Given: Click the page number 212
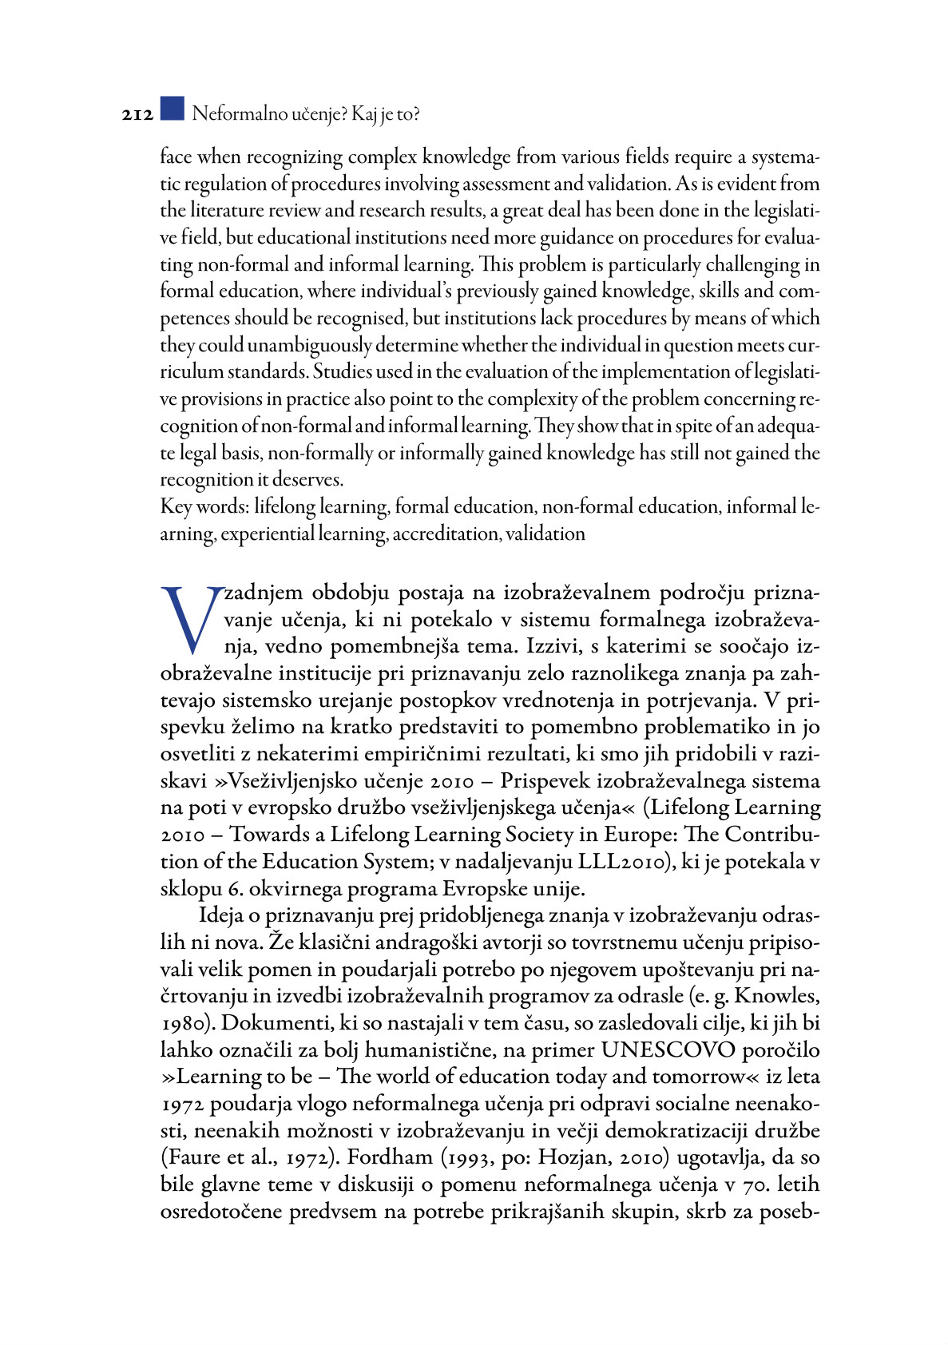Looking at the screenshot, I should pos(137,115).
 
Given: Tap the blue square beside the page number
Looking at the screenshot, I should pos(172,109).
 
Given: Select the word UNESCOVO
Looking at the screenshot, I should pos(668,1049).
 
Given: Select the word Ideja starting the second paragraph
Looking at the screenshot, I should pos(223,915).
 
